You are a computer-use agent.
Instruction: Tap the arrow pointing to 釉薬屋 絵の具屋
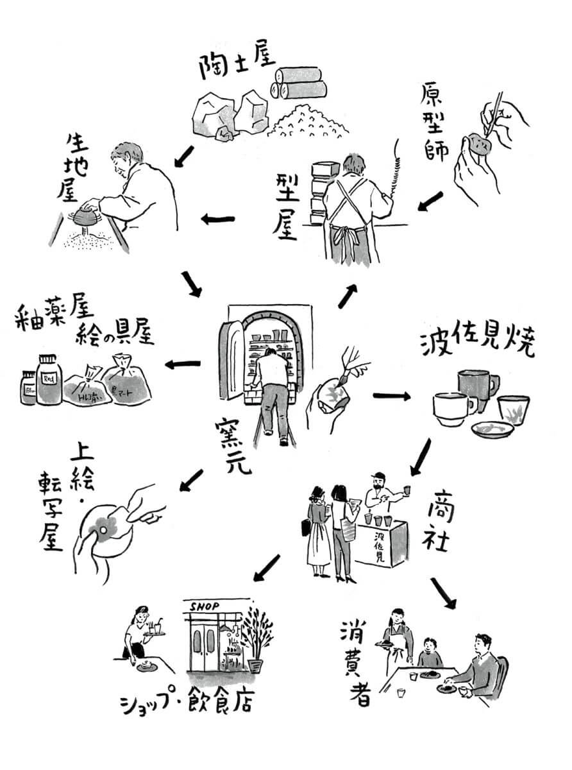182,364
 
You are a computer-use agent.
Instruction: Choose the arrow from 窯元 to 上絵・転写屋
191,480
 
